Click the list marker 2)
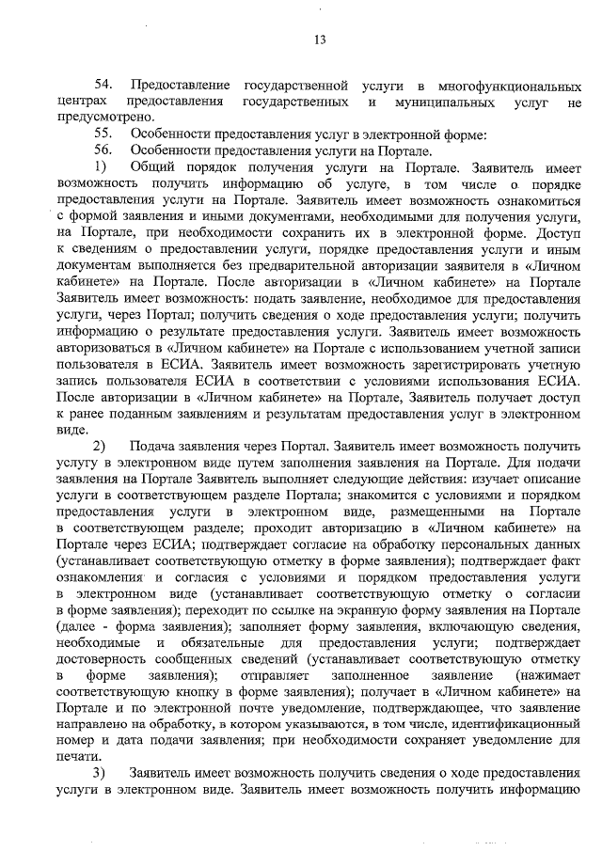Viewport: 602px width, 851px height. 103,444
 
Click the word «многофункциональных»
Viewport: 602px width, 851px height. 515,86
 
